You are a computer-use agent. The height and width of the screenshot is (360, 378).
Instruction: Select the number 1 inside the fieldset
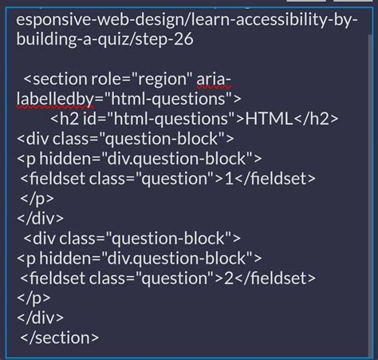(x=229, y=178)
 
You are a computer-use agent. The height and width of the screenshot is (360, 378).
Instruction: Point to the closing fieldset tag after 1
(x=277, y=178)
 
